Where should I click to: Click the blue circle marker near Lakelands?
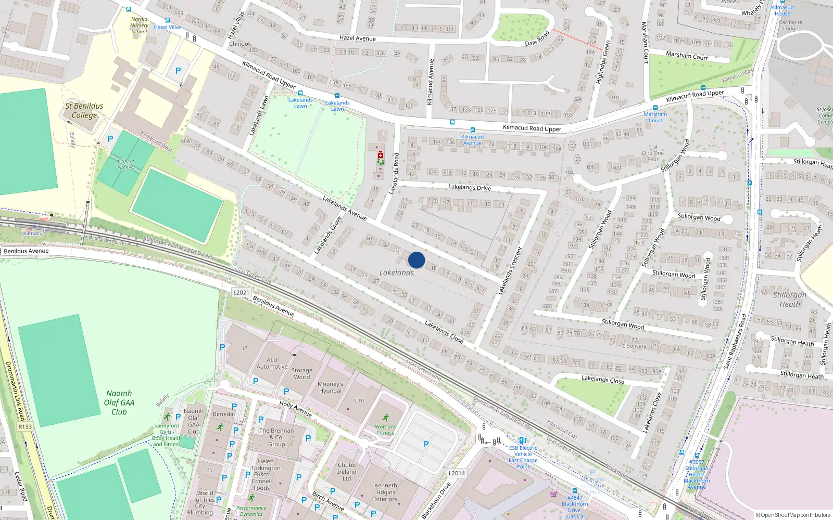(x=416, y=260)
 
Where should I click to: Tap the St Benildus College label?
(x=84, y=110)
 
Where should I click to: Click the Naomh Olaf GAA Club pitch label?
(x=119, y=402)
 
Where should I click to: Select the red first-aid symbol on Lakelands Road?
(x=381, y=155)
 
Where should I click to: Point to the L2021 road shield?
(x=241, y=293)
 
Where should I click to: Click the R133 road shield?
(x=25, y=426)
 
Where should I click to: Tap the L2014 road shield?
(x=457, y=473)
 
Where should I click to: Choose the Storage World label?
(x=302, y=374)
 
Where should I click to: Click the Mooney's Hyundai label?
(x=330, y=387)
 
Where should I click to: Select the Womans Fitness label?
(x=385, y=430)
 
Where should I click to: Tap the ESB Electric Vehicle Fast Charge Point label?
(x=523, y=457)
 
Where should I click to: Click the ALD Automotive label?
(x=272, y=363)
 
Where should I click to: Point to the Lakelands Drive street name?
(x=469, y=187)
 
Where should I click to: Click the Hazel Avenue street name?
(x=357, y=38)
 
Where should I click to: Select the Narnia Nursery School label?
(x=139, y=25)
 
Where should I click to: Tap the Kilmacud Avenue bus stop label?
(x=472, y=140)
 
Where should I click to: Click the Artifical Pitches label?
(x=125, y=164)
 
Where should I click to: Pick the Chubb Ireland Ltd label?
(x=347, y=472)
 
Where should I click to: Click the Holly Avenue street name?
(x=295, y=409)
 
